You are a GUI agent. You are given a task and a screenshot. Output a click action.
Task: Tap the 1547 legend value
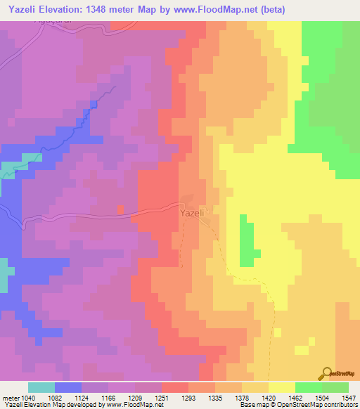[349, 397]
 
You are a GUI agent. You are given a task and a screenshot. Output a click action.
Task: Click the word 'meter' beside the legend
[10, 397]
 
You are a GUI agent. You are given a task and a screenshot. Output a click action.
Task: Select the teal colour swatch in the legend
[41, 387]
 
